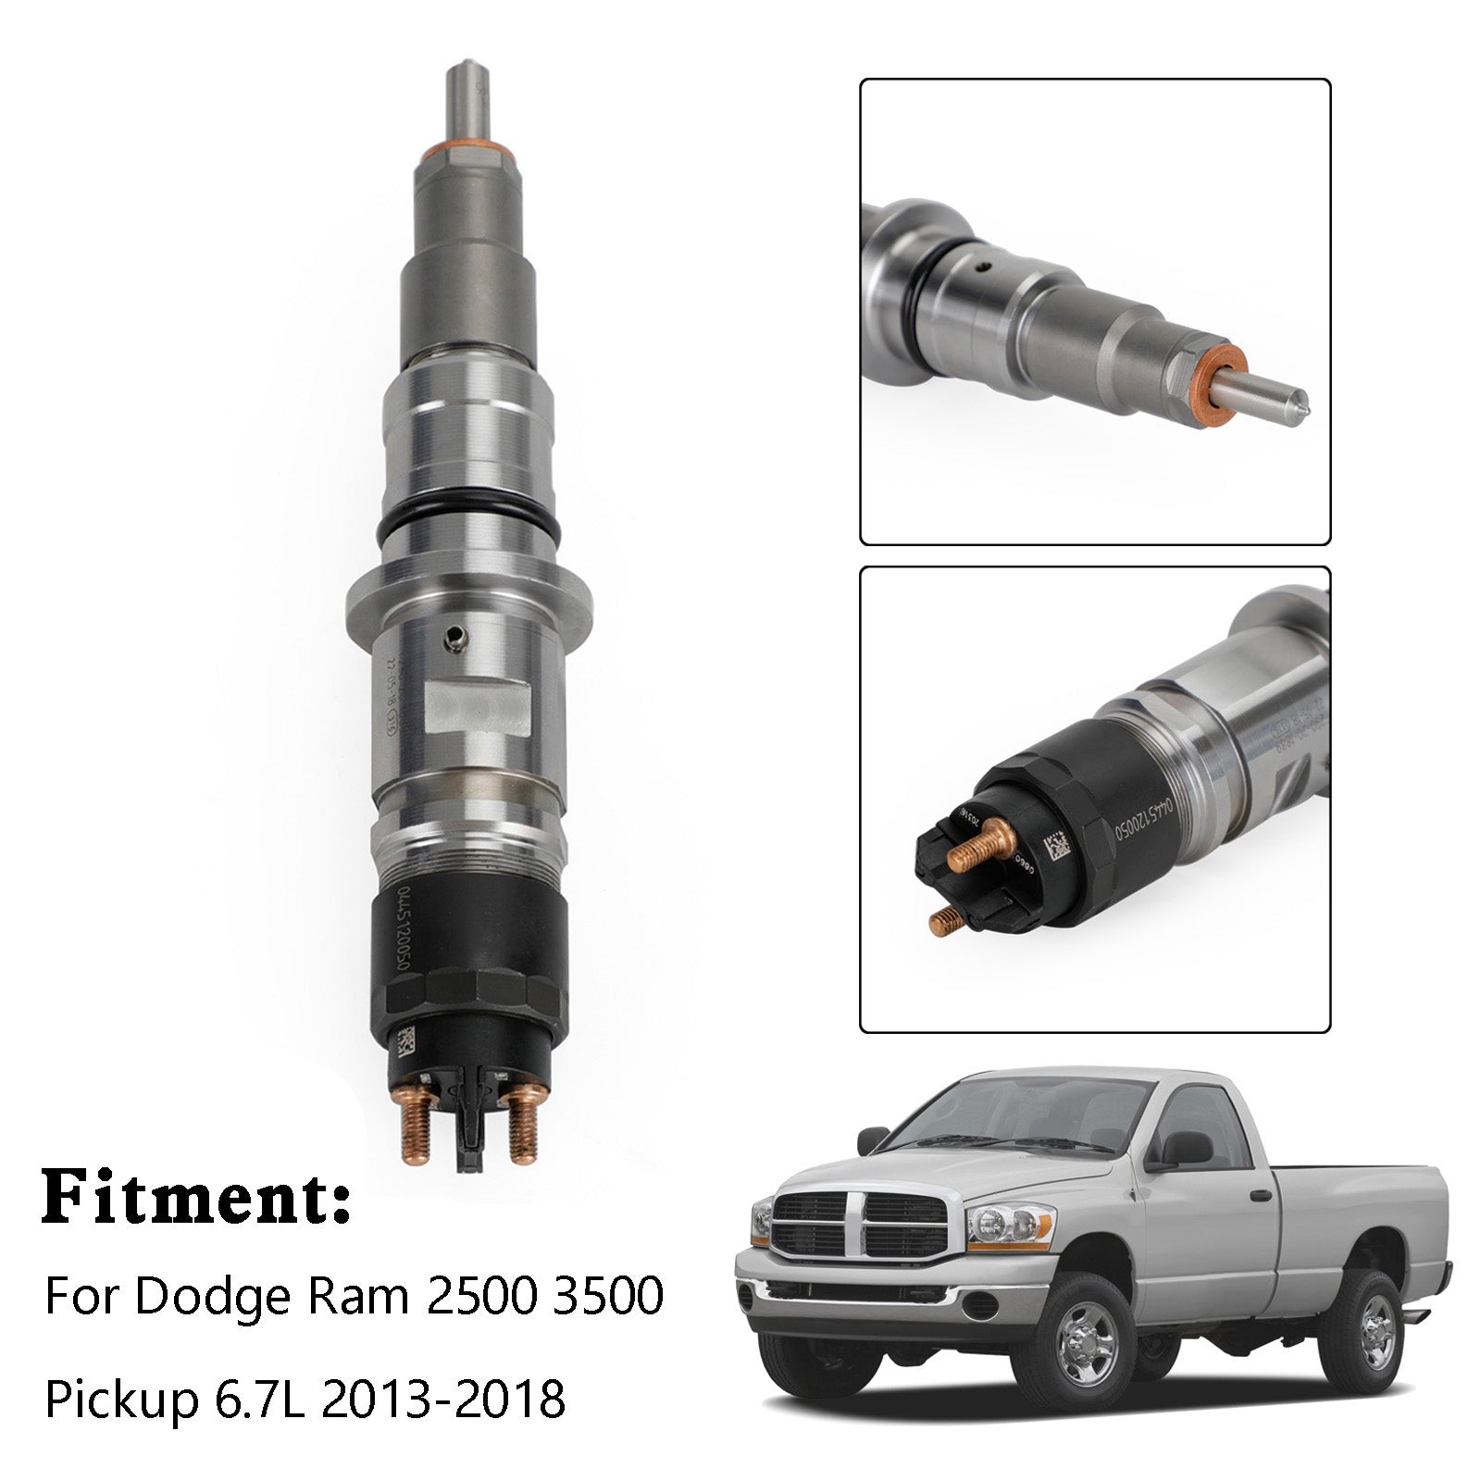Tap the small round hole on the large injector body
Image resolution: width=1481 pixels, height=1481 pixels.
[454, 636]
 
